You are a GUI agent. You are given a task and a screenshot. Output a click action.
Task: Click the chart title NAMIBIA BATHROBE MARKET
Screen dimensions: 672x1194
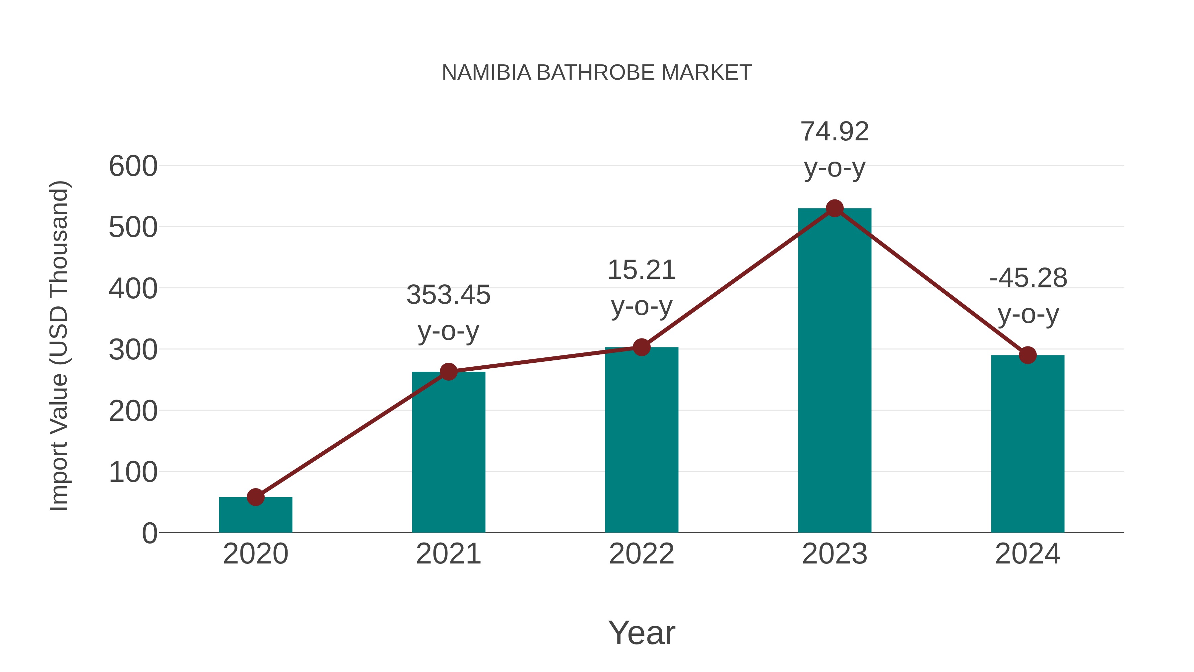(x=597, y=73)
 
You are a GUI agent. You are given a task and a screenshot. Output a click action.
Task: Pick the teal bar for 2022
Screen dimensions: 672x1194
(x=641, y=441)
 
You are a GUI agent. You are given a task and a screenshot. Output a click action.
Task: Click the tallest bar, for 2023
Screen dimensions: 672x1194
(x=834, y=371)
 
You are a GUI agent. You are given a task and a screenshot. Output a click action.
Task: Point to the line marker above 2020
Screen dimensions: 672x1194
(x=255, y=497)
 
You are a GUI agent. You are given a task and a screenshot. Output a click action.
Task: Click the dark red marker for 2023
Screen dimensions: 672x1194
(x=834, y=209)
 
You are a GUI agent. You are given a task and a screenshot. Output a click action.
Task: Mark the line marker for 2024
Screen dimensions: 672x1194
(x=1028, y=355)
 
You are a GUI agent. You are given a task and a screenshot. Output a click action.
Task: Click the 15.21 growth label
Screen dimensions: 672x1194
(x=641, y=287)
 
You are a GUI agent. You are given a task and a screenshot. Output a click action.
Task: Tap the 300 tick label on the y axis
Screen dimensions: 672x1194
(x=133, y=350)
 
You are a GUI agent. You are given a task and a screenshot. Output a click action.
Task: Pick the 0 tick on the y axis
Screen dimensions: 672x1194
(x=149, y=533)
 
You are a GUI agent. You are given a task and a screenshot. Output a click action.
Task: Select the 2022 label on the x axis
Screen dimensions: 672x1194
(x=641, y=554)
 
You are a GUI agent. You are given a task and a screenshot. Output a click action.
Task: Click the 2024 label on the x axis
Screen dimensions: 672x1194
(x=1028, y=554)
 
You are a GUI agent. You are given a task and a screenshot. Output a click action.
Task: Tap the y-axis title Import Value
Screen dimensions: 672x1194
(x=59, y=345)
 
